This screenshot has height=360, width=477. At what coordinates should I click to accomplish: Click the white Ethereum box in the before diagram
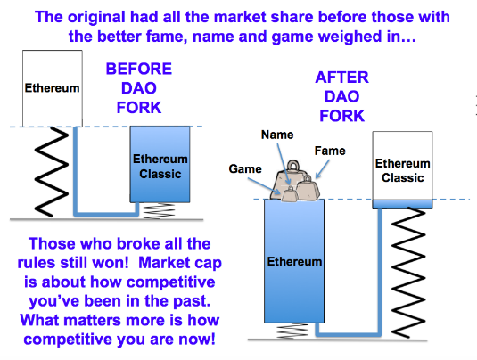53,88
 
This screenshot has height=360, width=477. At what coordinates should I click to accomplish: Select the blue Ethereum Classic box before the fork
160,164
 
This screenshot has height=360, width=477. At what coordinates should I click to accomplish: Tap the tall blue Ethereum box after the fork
294,261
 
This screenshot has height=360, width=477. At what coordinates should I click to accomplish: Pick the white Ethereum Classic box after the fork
402,166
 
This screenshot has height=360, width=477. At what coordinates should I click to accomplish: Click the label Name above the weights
277,135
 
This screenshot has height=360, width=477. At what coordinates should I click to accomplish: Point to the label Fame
330,151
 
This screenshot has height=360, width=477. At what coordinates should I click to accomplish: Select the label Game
245,168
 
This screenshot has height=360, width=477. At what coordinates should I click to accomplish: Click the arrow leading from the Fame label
323,169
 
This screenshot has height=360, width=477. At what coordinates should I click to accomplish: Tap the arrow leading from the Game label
264,186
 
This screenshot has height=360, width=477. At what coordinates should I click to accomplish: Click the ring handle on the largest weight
293,166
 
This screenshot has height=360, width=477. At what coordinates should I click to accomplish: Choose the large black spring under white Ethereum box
52,172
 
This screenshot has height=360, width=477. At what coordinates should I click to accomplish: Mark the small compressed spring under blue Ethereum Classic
159,210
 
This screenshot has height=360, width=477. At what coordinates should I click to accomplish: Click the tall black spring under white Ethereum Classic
408,273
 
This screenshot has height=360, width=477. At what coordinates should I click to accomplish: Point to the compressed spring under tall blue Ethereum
292,331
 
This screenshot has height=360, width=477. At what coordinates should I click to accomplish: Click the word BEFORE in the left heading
139,69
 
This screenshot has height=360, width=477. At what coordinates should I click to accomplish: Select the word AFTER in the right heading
342,78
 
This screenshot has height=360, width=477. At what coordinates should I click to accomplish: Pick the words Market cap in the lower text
180,263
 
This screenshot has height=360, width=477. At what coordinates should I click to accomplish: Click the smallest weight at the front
289,194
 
